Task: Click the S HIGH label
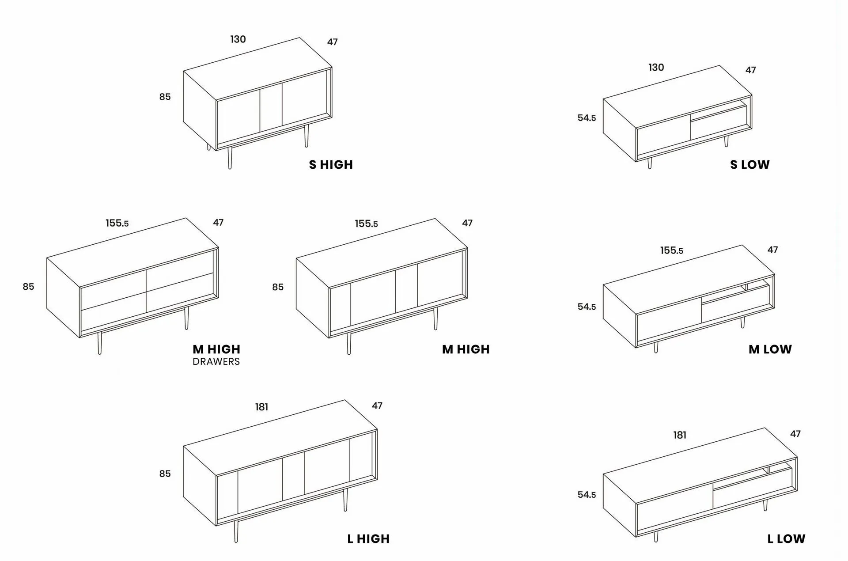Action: click(x=331, y=165)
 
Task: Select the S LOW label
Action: click(x=750, y=165)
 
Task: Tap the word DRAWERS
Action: click(x=216, y=361)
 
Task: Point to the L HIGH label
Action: click(x=368, y=539)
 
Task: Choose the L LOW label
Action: click(x=786, y=539)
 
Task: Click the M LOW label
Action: click(x=770, y=349)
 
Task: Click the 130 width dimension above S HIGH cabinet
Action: click(x=238, y=39)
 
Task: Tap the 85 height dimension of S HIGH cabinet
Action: click(x=165, y=97)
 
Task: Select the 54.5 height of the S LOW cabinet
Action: click(x=587, y=118)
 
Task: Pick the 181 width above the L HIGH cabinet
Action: click(x=261, y=407)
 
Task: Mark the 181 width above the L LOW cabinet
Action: click(x=680, y=435)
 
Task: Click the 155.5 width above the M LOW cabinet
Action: click(x=671, y=250)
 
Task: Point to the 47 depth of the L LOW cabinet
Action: click(x=795, y=434)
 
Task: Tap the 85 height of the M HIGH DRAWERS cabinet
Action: click(x=28, y=287)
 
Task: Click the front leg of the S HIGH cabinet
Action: click(x=230, y=158)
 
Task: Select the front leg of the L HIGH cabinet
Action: click(x=236, y=531)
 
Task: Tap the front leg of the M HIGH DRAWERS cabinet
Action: click(x=99, y=343)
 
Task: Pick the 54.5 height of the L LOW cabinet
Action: click(x=587, y=495)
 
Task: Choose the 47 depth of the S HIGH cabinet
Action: click(x=333, y=42)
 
